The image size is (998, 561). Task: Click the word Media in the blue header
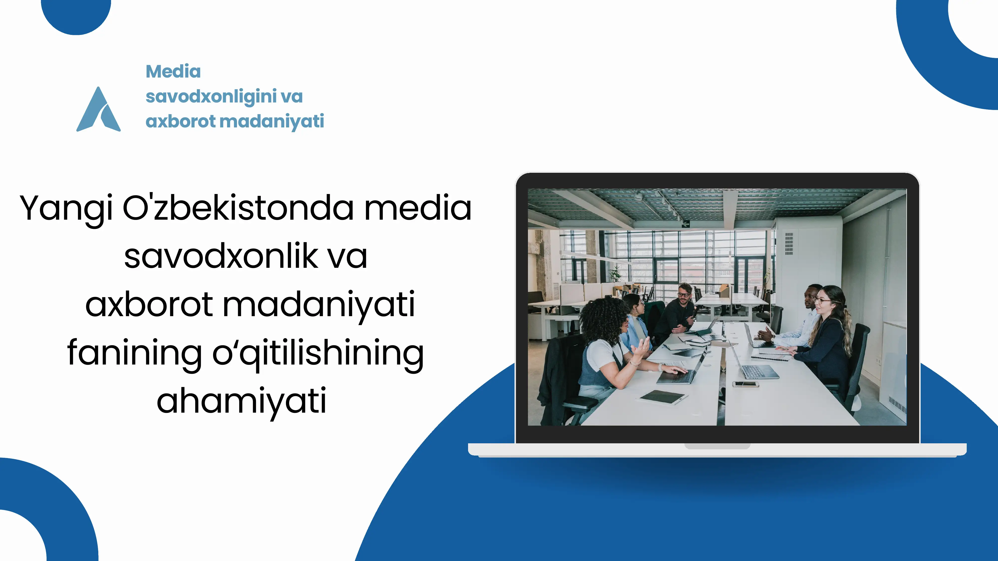coord(173,72)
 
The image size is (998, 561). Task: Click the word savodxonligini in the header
coord(211,97)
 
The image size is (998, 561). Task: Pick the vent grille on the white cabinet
coord(789,244)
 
